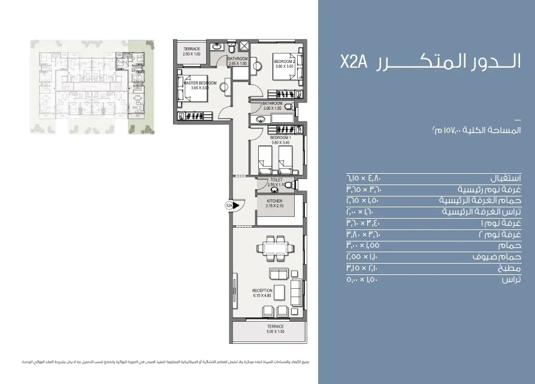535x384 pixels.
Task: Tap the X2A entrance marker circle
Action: pyautogui.click(x=229, y=205)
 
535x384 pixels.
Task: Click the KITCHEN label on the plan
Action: pyautogui.click(x=274, y=201)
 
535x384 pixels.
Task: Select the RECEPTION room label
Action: pyautogui.click(x=262, y=291)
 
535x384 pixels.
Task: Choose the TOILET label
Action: pyautogui.click(x=276, y=179)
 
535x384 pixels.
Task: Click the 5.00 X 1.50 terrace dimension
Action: pyautogui.click(x=276, y=331)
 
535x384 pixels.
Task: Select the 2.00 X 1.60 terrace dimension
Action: pyautogui.click(x=192, y=54)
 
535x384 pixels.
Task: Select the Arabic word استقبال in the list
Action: pyautogui.click(x=506, y=179)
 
